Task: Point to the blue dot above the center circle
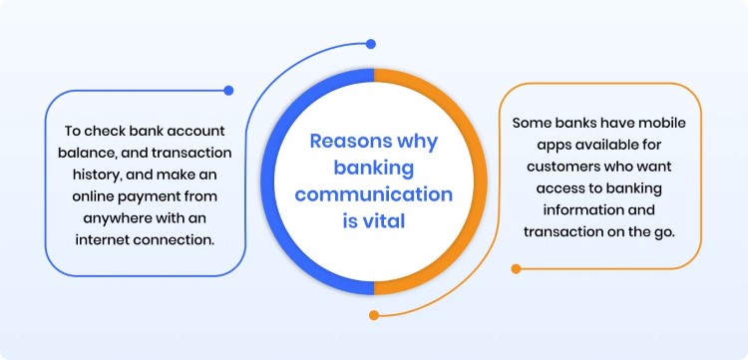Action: pos(370,44)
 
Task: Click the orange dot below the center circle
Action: pos(374,315)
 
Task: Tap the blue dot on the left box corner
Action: pos(228,91)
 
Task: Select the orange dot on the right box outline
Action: pos(516,268)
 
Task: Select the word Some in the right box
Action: pos(533,124)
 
